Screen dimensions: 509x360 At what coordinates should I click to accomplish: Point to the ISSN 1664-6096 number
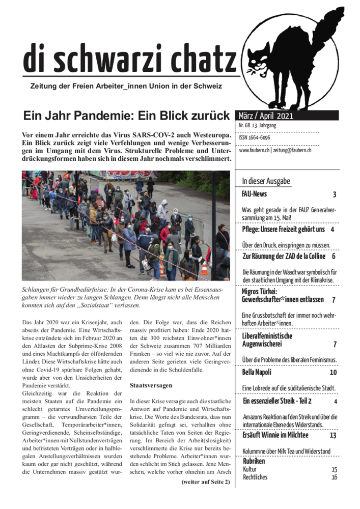point(255,137)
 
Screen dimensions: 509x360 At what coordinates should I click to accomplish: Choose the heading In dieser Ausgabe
point(266,181)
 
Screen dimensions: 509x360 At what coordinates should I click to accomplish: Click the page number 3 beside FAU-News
point(335,194)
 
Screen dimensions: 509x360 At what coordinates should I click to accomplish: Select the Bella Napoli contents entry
point(257,372)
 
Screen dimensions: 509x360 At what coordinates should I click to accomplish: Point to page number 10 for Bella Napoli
point(333,372)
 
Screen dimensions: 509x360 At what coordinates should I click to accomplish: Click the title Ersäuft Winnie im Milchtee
point(275,435)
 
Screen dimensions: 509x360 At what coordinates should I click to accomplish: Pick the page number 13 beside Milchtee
point(333,435)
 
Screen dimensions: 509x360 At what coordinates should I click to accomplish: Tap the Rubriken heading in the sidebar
point(254,461)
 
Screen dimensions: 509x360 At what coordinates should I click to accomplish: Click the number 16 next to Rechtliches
point(334,477)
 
